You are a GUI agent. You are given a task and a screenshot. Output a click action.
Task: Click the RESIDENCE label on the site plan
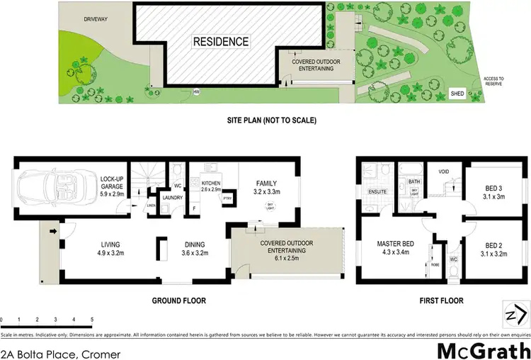[221, 42]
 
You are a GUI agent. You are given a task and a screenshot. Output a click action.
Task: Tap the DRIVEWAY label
[95, 19]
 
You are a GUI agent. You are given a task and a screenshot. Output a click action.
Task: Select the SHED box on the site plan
[458, 94]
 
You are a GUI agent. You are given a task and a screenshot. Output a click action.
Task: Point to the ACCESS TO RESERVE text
[493, 81]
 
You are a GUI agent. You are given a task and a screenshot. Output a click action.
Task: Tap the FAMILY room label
[268, 187]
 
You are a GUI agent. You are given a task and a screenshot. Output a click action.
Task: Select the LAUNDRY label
[173, 198]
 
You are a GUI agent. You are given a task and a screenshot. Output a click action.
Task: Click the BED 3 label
[493, 191]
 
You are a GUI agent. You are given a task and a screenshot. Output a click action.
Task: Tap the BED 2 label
[493, 248]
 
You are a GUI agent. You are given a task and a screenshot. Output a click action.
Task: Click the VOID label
[443, 172]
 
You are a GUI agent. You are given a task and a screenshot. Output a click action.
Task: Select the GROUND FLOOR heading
[179, 301]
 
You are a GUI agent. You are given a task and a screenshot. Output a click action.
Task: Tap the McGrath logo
[482, 349]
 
